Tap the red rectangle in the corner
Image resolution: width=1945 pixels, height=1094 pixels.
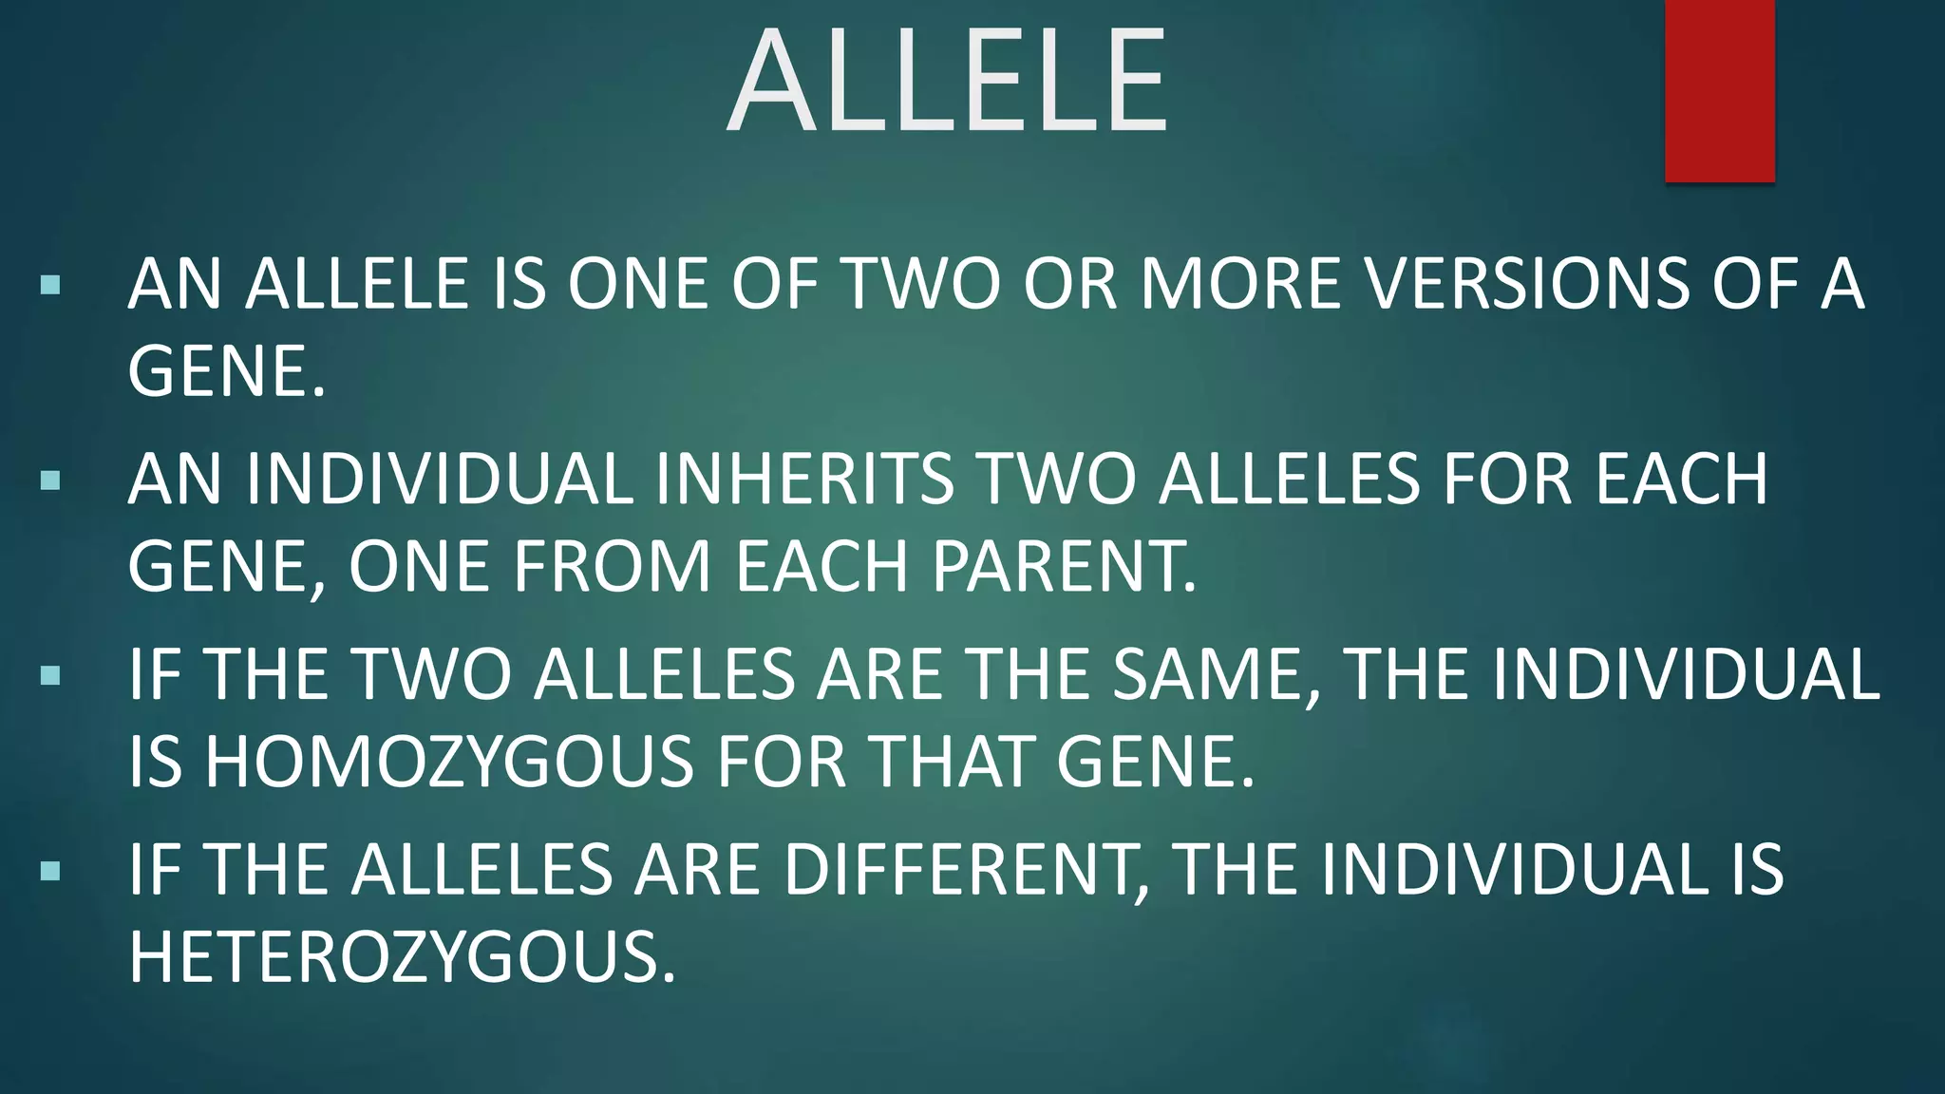pos(1719,90)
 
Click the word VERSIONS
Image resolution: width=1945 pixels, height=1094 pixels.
pos(1517,284)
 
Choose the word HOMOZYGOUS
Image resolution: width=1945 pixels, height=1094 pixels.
pos(449,762)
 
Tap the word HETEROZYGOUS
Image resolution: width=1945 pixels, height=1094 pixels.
pos(402,957)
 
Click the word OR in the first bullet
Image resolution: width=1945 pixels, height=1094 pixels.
pos(1069,284)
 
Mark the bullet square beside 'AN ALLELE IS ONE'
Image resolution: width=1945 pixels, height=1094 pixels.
pos(51,284)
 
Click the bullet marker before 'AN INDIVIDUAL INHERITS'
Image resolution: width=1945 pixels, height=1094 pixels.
pos(51,480)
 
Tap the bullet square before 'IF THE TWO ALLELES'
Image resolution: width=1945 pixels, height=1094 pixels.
pos(51,675)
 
